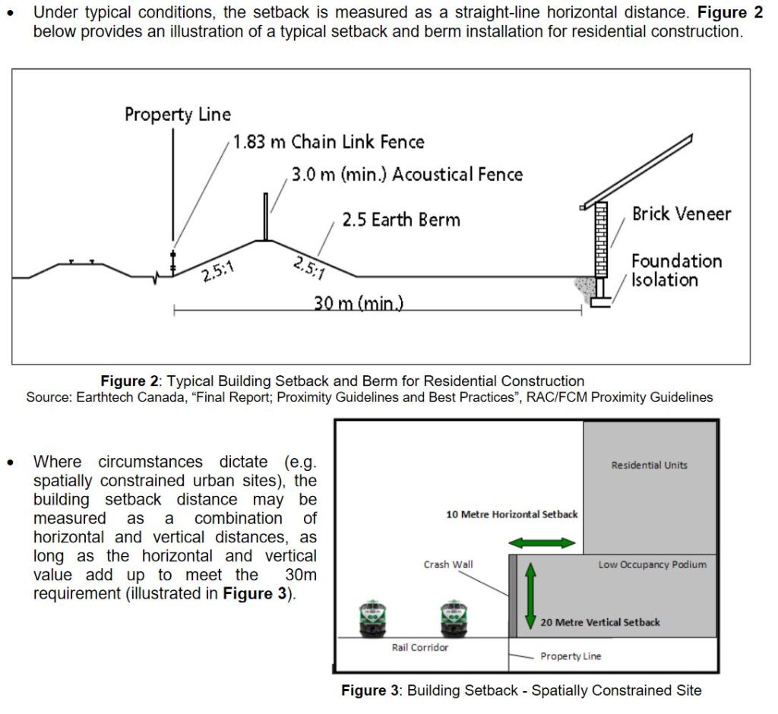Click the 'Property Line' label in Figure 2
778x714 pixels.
(x=178, y=115)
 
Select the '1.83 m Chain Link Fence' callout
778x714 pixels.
(x=328, y=142)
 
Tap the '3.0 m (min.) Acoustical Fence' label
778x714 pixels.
(x=407, y=174)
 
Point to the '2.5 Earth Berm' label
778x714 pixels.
(x=400, y=220)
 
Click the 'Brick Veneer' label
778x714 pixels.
(x=681, y=213)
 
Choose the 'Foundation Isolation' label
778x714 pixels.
(x=676, y=270)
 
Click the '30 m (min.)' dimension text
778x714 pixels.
(x=358, y=304)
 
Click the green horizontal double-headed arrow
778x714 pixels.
(x=542, y=542)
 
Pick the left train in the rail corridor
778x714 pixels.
(x=373, y=618)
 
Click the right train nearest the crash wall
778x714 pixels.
(x=453, y=618)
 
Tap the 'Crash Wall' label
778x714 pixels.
(x=448, y=564)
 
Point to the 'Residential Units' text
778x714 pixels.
(x=649, y=465)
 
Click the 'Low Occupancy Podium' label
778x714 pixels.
(x=652, y=564)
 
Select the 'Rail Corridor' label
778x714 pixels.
(x=420, y=648)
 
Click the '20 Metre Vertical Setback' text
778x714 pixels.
(x=599, y=622)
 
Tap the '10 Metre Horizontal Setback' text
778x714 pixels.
(x=511, y=514)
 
